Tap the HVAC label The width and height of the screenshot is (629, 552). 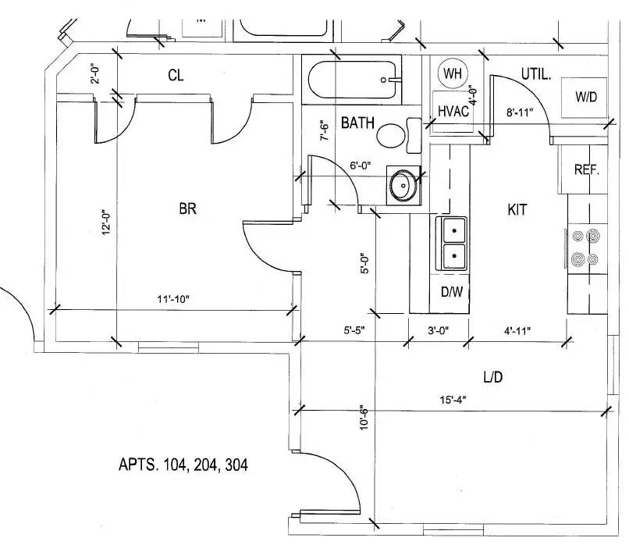453,111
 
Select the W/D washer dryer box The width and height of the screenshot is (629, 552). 584,98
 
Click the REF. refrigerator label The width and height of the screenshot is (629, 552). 587,169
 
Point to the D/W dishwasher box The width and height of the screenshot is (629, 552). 450,294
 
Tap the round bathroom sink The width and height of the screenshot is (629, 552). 403,185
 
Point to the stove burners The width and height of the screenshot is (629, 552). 586,248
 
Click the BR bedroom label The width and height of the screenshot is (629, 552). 187,208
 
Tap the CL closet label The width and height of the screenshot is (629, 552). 176,75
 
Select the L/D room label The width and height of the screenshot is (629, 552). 493,377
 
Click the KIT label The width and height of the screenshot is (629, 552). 517,209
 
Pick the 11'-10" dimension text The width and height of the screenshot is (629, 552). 173,300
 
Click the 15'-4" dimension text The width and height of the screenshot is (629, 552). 453,400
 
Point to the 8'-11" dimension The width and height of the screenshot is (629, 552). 520,112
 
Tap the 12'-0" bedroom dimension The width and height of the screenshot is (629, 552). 106,222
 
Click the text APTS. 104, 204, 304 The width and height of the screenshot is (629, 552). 183,465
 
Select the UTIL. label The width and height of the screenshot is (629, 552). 536,74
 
